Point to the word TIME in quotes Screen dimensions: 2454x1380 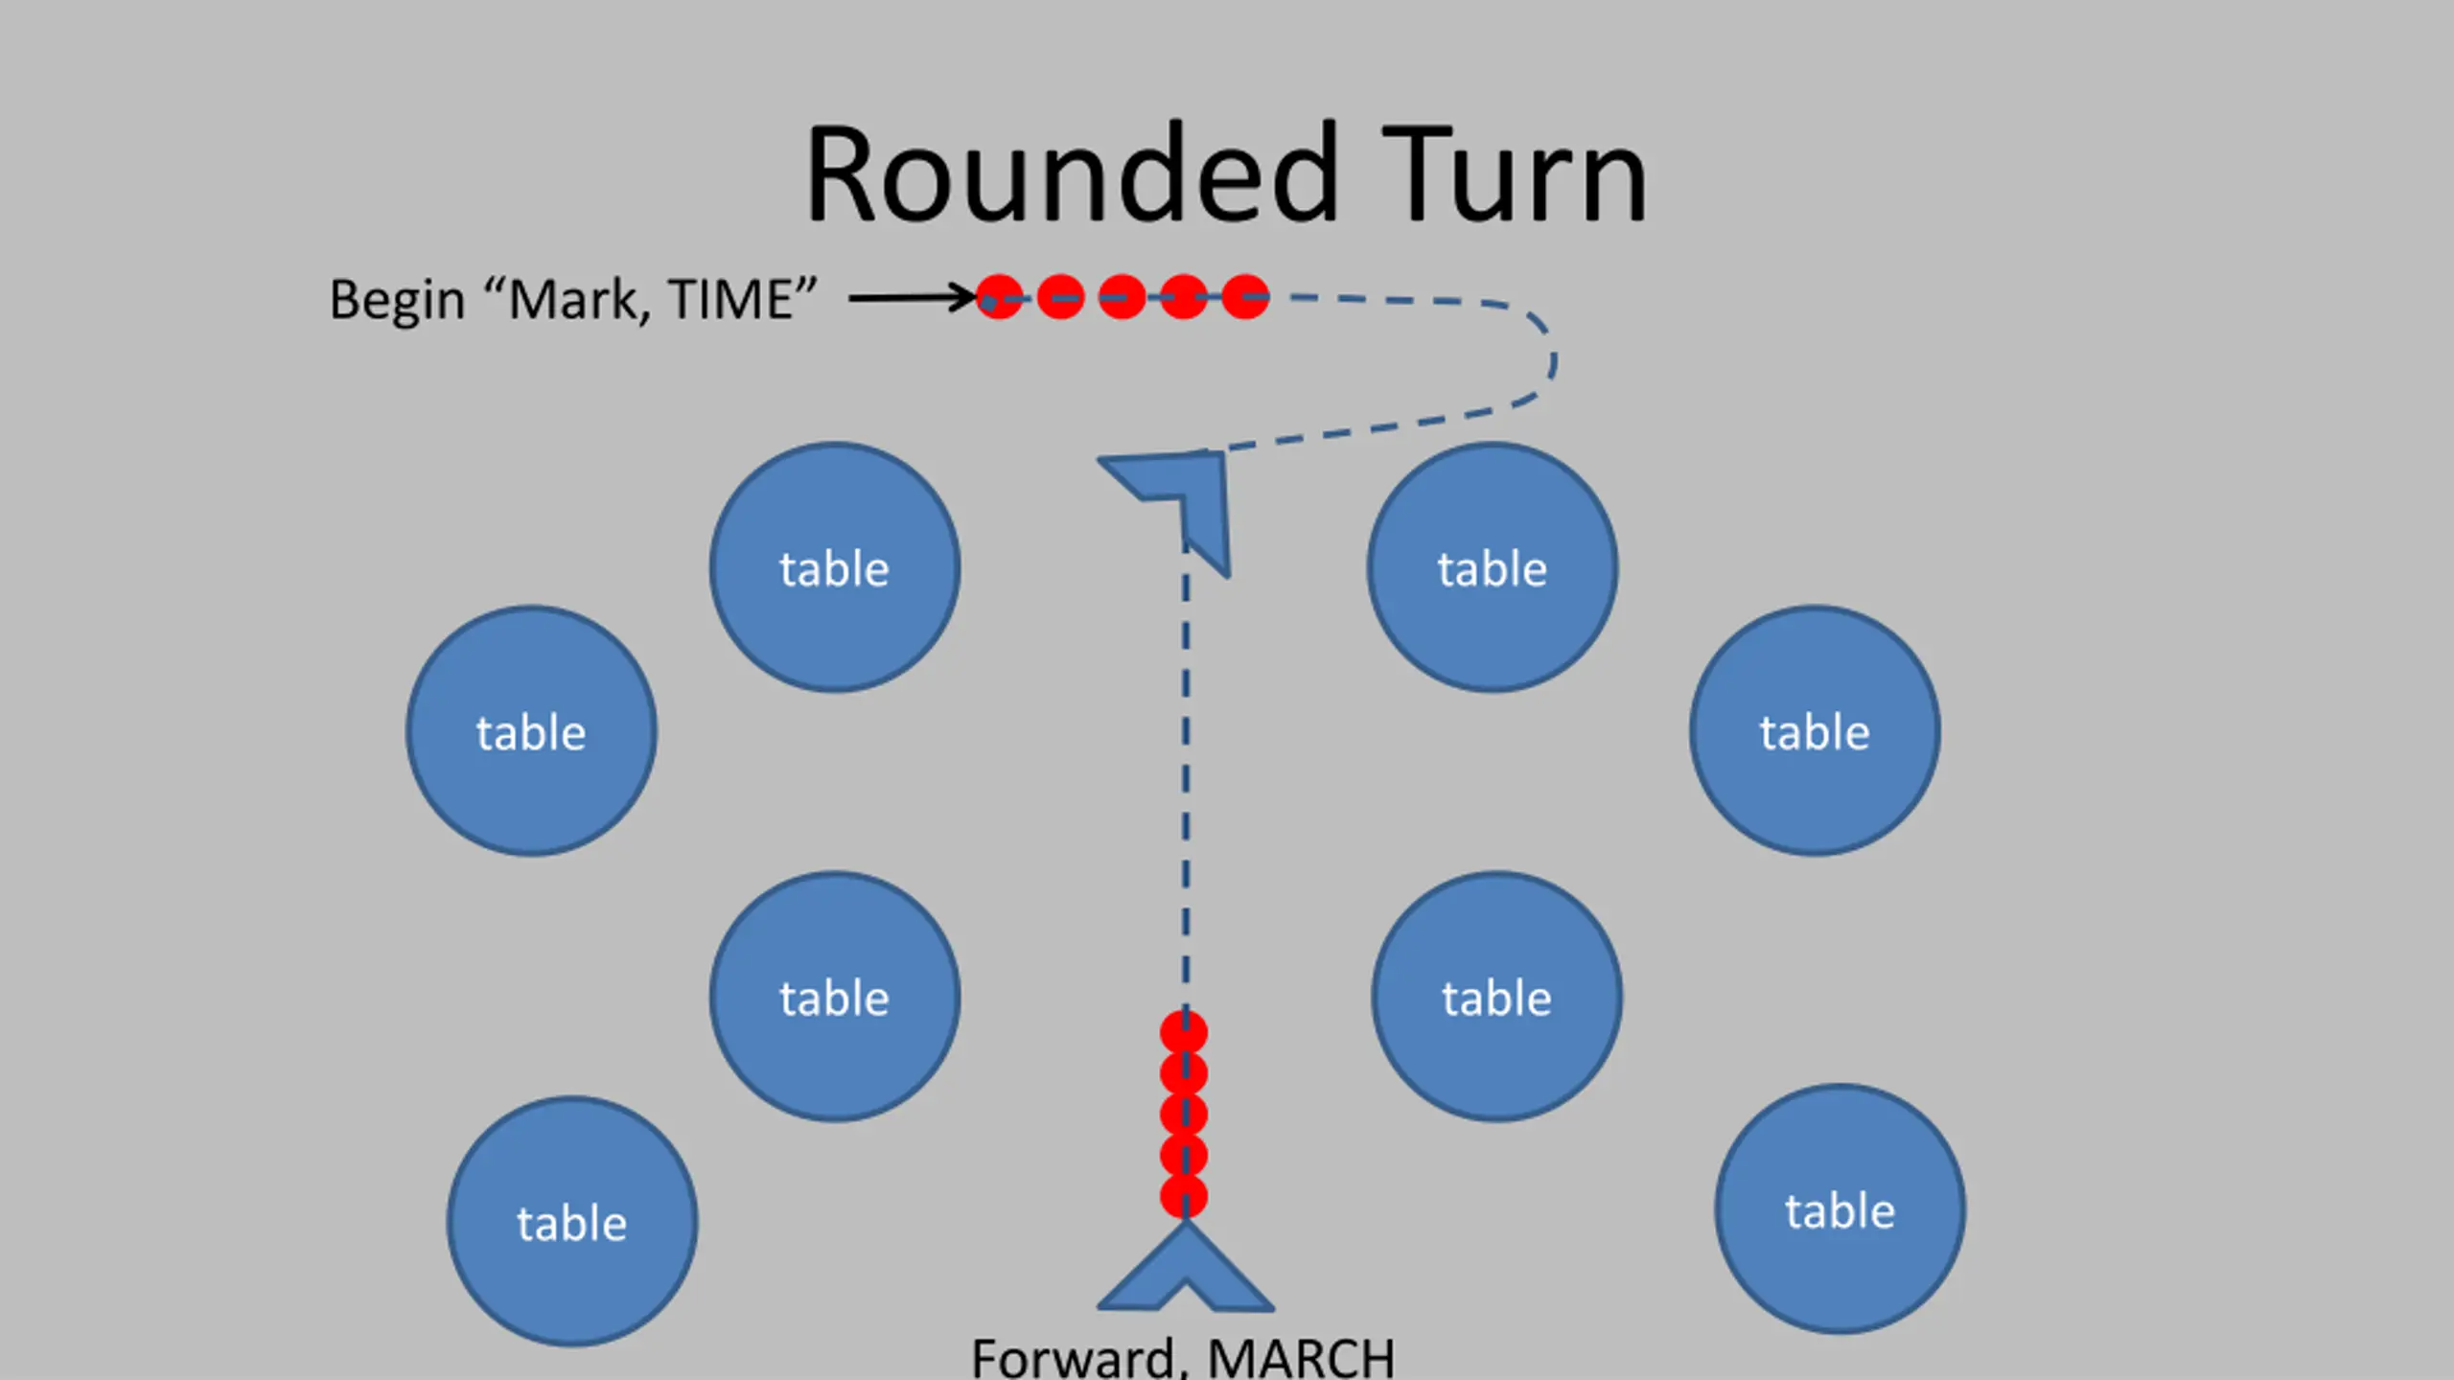(x=730, y=299)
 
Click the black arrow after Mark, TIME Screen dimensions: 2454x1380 (x=914, y=297)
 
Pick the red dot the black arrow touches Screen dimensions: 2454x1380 (x=1000, y=297)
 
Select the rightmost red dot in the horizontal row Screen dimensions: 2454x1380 (x=1245, y=297)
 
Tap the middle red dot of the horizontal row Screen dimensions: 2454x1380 (x=1123, y=297)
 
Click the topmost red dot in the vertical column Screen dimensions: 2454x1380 (x=1184, y=1033)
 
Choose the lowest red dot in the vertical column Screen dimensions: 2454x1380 (x=1184, y=1197)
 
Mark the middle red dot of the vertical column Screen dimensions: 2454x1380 (x=1184, y=1115)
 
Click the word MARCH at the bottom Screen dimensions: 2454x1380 (x=1301, y=1359)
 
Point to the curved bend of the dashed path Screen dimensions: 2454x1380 (x=1550, y=360)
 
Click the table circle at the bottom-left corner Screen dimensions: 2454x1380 (x=572, y=1222)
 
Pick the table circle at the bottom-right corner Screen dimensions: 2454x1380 (x=1840, y=1209)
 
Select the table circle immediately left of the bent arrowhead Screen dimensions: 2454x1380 (x=835, y=567)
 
